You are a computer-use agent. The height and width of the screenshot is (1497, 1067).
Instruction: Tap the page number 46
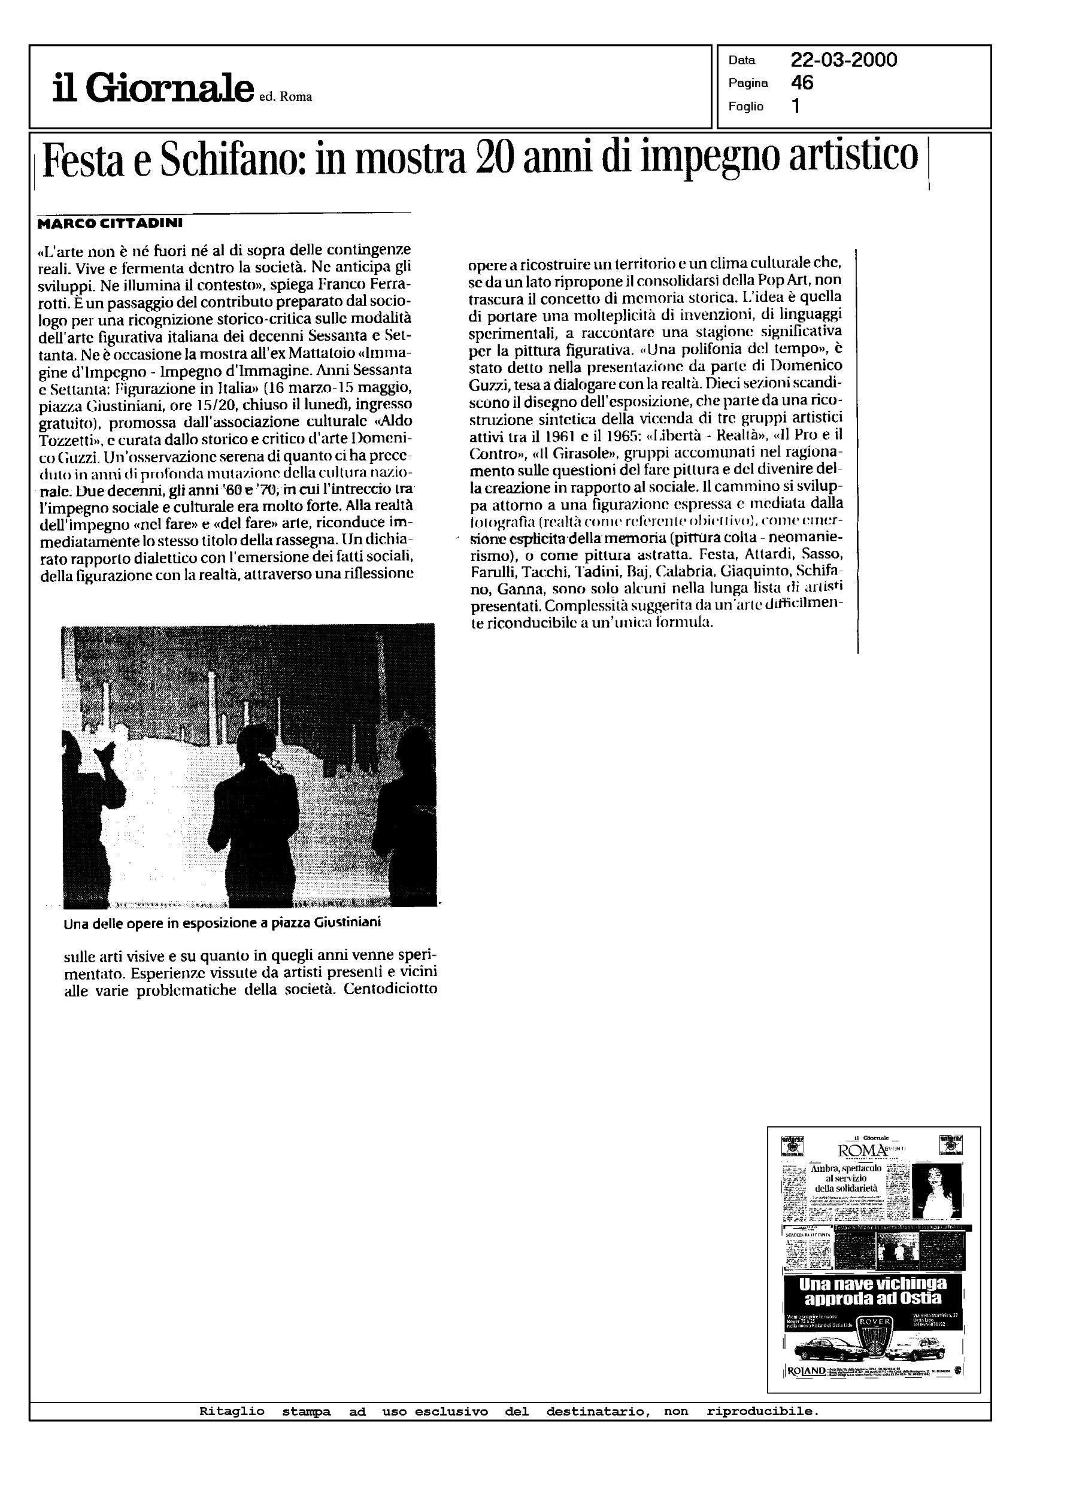click(802, 83)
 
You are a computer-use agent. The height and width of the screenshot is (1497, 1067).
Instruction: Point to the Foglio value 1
click(796, 107)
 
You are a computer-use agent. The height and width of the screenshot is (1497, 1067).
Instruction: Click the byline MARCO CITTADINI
click(110, 223)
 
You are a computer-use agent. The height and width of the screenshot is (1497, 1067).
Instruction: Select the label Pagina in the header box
click(748, 83)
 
